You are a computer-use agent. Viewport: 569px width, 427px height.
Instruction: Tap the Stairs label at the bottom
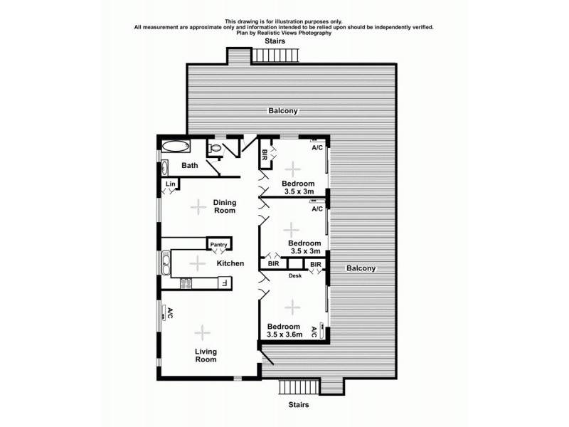click(298, 405)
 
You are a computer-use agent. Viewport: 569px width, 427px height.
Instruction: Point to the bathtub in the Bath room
click(174, 147)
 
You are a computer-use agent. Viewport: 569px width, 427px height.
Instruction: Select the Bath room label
click(189, 166)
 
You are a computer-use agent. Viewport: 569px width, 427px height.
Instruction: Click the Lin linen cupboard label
click(170, 184)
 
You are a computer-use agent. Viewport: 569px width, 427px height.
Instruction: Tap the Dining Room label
click(225, 206)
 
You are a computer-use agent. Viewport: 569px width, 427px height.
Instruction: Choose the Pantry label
click(218, 245)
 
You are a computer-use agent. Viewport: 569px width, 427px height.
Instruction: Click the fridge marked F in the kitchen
click(223, 283)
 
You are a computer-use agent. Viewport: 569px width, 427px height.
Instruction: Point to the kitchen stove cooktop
click(187, 283)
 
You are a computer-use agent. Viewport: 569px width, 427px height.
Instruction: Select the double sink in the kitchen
click(166, 264)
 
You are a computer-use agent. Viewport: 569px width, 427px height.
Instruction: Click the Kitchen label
click(230, 263)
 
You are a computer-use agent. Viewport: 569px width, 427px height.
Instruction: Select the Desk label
click(295, 275)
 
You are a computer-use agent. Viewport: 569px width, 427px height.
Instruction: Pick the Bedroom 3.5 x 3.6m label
click(284, 330)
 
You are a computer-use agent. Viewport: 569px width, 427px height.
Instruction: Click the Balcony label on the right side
click(361, 268)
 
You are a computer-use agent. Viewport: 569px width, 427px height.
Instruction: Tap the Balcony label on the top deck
click(282, 111)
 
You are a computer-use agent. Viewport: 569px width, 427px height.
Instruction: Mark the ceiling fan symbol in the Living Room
click(203, 332)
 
